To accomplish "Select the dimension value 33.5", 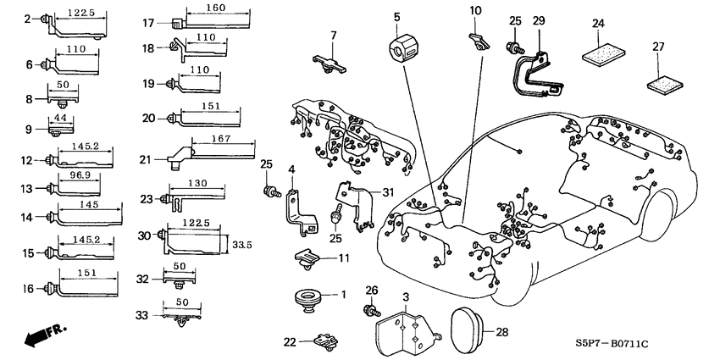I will pos(242,244).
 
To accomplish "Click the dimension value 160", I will pos(216,8).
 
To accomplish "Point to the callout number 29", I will pos(539,19).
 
